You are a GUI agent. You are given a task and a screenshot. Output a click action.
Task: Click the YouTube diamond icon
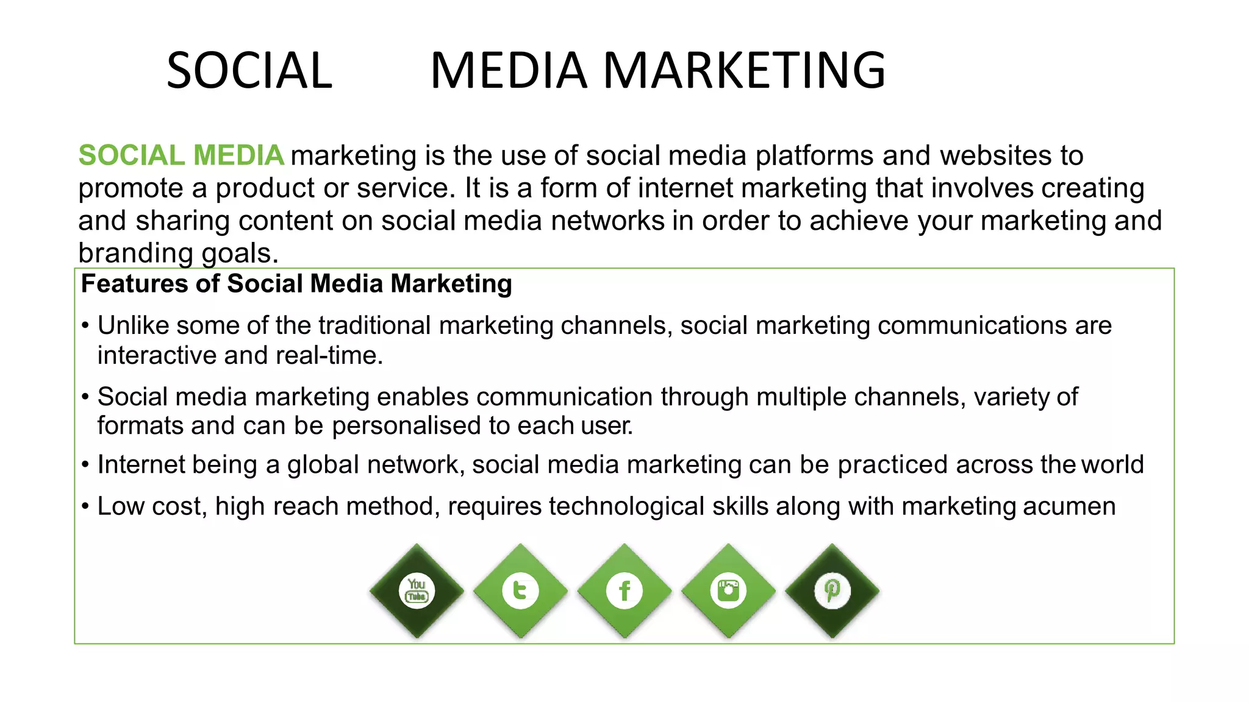(417, 590)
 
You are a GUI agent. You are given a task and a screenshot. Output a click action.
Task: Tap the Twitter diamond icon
(520, 590)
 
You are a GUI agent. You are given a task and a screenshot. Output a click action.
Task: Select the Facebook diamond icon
(624, 590)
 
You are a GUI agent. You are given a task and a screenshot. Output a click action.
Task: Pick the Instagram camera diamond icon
(728, 590)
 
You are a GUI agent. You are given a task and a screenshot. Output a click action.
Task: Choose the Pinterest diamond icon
(832, 590)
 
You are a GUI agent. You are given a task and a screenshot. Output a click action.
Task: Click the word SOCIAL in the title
(249, 71)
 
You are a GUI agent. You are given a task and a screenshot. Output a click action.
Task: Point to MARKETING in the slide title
(744, 71)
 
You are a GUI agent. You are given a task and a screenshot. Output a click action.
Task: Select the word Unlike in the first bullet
(133, 325)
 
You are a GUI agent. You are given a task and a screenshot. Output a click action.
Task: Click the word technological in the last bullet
(626, 506)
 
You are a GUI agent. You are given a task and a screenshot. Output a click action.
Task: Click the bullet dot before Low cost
(85, 506)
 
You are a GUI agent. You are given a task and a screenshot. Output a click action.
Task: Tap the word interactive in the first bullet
(157, 355)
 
